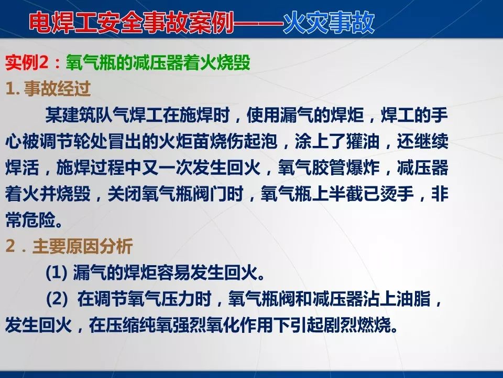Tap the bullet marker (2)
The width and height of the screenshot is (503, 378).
[x=57, y=300]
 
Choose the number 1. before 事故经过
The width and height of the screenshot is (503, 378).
[x=13, y=89]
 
